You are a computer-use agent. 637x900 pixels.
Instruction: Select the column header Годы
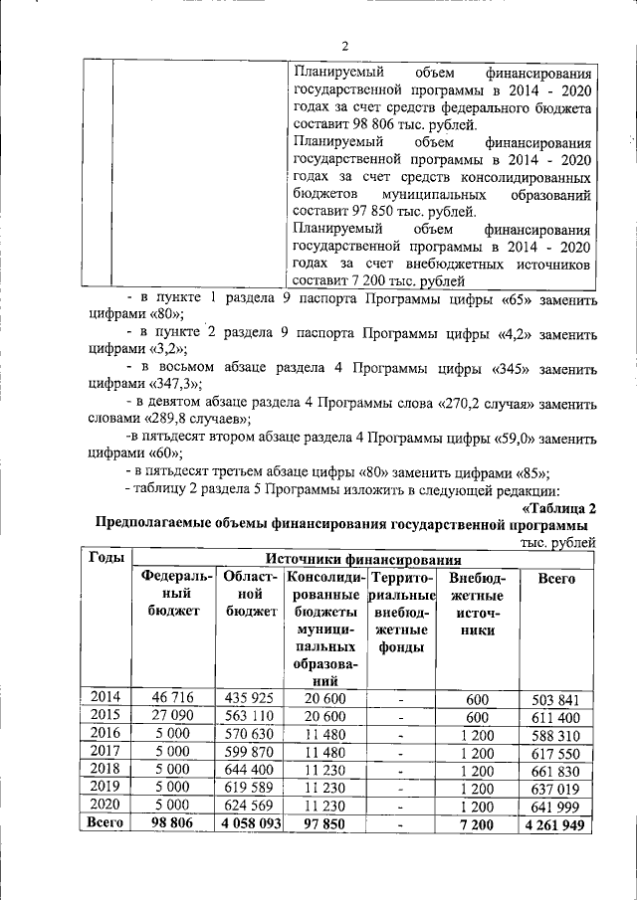tap(106, 558)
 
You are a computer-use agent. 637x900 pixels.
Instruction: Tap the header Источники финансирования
tap(362, 559)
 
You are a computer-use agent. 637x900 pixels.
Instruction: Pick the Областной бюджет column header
tap(250, 594)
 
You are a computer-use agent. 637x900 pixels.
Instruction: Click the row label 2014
tap(106, 697)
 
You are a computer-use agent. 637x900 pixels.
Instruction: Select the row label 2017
tap(106, 751)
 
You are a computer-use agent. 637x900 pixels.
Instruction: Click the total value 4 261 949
tap(555, 824)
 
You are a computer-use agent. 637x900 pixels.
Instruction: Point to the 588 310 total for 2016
tap(555, 734)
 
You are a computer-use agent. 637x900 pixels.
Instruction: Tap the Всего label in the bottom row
tap(106, 823)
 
